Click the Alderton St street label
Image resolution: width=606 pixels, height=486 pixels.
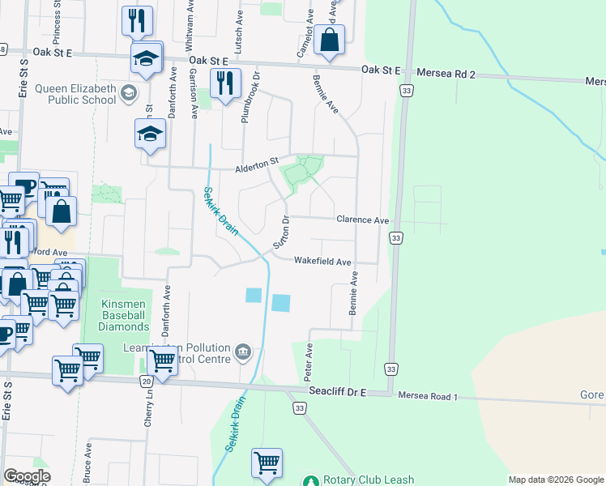click(257, 168)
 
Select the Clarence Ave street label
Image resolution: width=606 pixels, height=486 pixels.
click(362, 220)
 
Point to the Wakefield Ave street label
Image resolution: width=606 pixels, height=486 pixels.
click(322, 262)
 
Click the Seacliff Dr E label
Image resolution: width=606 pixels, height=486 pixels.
click(338, 391)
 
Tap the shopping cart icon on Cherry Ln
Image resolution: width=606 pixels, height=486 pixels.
click(162, 363)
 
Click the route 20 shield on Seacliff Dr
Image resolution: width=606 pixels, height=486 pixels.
click(146, 380)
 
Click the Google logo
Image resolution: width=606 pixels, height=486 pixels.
click(27, 476)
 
